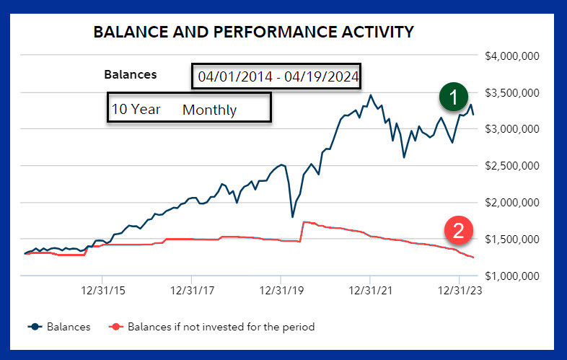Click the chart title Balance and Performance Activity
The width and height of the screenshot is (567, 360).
pyautogui.click(x=253, y=32)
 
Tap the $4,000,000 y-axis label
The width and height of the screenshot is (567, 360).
pyautogui.click(x=514, y=56)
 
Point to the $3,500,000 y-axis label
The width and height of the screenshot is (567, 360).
pyautogui.click(x=514, y=92)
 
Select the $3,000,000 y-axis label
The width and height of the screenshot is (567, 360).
pyautogui.click(x=514, y=129)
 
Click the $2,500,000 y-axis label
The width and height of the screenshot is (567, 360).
pyautogui.click(x=514, y=166)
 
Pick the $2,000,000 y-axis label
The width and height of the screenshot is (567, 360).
pyautogui.click(x=514, y=203)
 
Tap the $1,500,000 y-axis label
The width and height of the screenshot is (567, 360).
pyautogui.click(x=514, y=240)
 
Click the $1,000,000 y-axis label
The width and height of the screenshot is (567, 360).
pyautogui.click(x=514, y=276)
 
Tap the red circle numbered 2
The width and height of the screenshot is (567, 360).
pyautogui.click(x=458, y=231)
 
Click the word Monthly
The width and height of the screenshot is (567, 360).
pyautogui.click(x=209, y=110)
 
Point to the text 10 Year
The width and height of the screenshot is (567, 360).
pyautogui.click(x=136, y=110)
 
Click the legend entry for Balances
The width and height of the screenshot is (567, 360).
pyautogui.click(x=60, y=327)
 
